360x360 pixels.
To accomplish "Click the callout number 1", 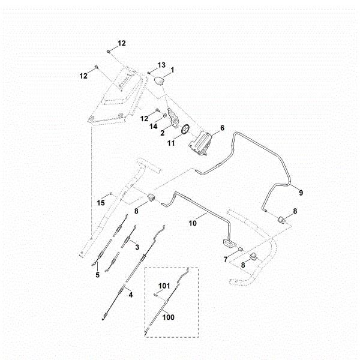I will (172, 70).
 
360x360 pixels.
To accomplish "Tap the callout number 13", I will (161, 65).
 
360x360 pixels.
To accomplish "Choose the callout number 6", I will (221, 128).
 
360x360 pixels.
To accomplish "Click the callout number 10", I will (193, 223).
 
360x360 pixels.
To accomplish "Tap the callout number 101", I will (164, 285).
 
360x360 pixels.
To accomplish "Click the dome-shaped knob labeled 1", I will (160, 81).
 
